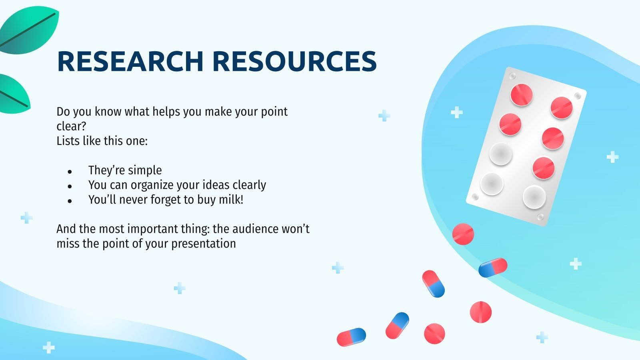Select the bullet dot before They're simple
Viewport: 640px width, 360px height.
(x=70, y=172)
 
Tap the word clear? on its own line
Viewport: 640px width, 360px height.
(x=72, y=126)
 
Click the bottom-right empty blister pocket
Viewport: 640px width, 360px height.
(x=534, y=197)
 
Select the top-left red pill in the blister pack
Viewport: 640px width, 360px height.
(x=522, y=95)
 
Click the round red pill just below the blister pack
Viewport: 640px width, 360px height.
(x=463, y=234)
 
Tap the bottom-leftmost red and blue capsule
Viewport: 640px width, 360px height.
(x=351, y=337)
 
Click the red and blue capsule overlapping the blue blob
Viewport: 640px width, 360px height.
(x=493, y=267)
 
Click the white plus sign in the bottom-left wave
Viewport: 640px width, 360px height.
(x=49, y=347)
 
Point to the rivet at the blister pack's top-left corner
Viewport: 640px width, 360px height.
(x=512, y=76)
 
